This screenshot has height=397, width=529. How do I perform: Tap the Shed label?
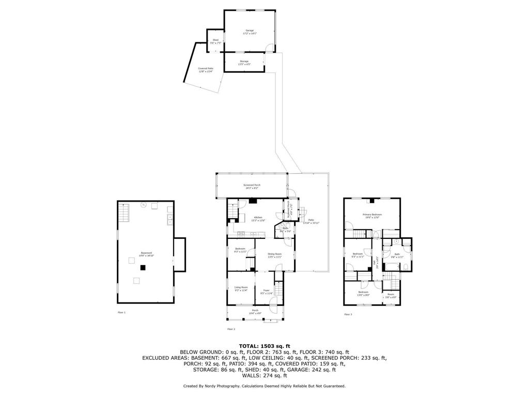pos(216,41)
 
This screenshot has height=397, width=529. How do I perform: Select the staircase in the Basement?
pos(122,211)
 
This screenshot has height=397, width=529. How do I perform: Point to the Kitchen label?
pos(258,218)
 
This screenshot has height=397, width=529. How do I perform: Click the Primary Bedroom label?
pos(372,216)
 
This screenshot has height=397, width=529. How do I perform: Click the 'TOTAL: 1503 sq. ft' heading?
pos(264,346)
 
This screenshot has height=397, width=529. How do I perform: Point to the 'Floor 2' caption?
pos(231,329)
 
